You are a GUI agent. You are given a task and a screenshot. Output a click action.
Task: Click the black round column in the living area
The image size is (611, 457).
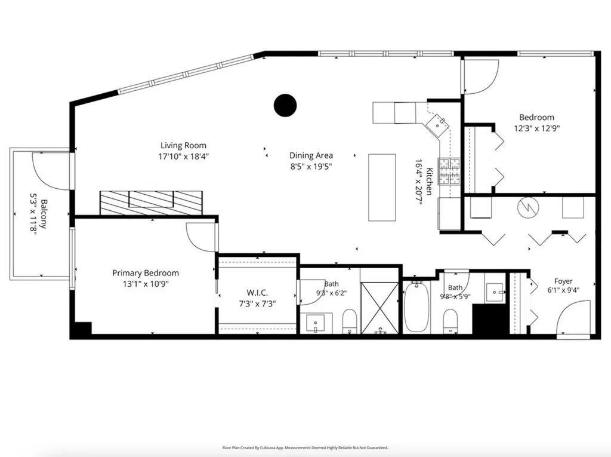click(x=285, y=105)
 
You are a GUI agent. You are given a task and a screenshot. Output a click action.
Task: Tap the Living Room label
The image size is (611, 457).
click(x=183, y=146)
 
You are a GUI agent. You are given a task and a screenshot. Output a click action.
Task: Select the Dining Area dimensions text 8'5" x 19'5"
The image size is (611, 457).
click(x=311, y=167)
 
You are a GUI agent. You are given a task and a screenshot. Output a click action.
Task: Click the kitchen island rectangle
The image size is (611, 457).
click(x=382, y=188)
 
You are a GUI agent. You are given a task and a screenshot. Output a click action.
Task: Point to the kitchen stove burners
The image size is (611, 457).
click(x=449, y=171)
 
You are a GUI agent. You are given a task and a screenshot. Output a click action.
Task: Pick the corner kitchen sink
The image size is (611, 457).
click(x=437, y=124)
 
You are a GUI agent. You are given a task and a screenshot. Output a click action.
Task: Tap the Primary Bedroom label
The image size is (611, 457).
click(x=146, y=273)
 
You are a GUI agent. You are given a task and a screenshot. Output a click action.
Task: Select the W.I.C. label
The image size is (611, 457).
click(x=257, y=293)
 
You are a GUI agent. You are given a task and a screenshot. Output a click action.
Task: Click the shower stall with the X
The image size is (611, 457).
click(x=380, y=308)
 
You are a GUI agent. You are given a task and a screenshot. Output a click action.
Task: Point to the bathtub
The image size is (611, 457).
click(x=416, y=307)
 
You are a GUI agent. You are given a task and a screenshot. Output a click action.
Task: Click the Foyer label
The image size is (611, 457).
click(x=563, y=281)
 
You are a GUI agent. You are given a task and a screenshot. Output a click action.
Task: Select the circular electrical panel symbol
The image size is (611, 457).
click(x=528, y=207)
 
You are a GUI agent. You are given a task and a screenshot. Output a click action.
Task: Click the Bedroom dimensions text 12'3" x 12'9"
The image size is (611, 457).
click(x=536, y=128)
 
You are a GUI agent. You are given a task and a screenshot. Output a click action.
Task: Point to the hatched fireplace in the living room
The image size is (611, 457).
click(x=151, y=203)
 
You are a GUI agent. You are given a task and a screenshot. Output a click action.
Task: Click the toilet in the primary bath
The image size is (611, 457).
click(x=350, y=321)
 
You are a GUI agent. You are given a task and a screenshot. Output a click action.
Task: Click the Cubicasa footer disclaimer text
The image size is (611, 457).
click(x=305, y=448)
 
